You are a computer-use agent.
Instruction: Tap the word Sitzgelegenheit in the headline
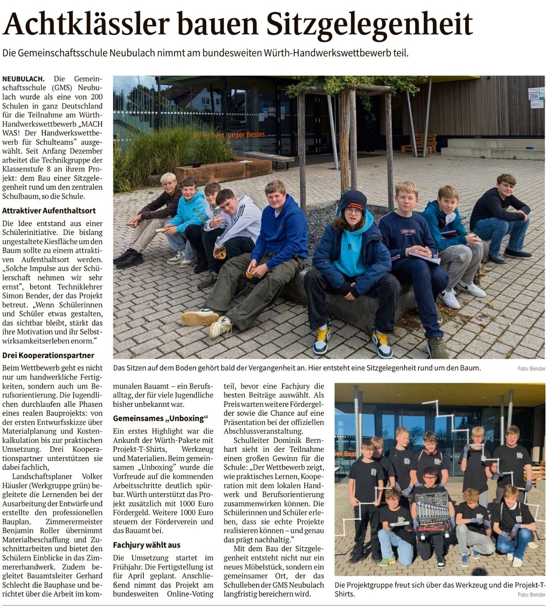pos(369,24)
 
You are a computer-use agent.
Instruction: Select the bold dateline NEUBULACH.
pos(23,78)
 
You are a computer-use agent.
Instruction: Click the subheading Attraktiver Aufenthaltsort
pos(49,211)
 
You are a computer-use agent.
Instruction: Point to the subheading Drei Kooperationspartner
pos(48,355)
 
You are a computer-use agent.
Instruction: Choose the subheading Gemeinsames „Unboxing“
pos(160,418)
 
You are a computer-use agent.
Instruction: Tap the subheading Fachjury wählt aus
pos(147,545)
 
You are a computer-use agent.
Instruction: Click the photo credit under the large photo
pos(531,368)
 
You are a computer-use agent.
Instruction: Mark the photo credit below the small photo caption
pos(531,594)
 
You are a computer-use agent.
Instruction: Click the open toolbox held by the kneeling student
pos(432,510)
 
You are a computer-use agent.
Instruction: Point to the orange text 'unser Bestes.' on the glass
pos(247,134)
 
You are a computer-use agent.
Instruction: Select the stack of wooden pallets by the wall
pos(419,144)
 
